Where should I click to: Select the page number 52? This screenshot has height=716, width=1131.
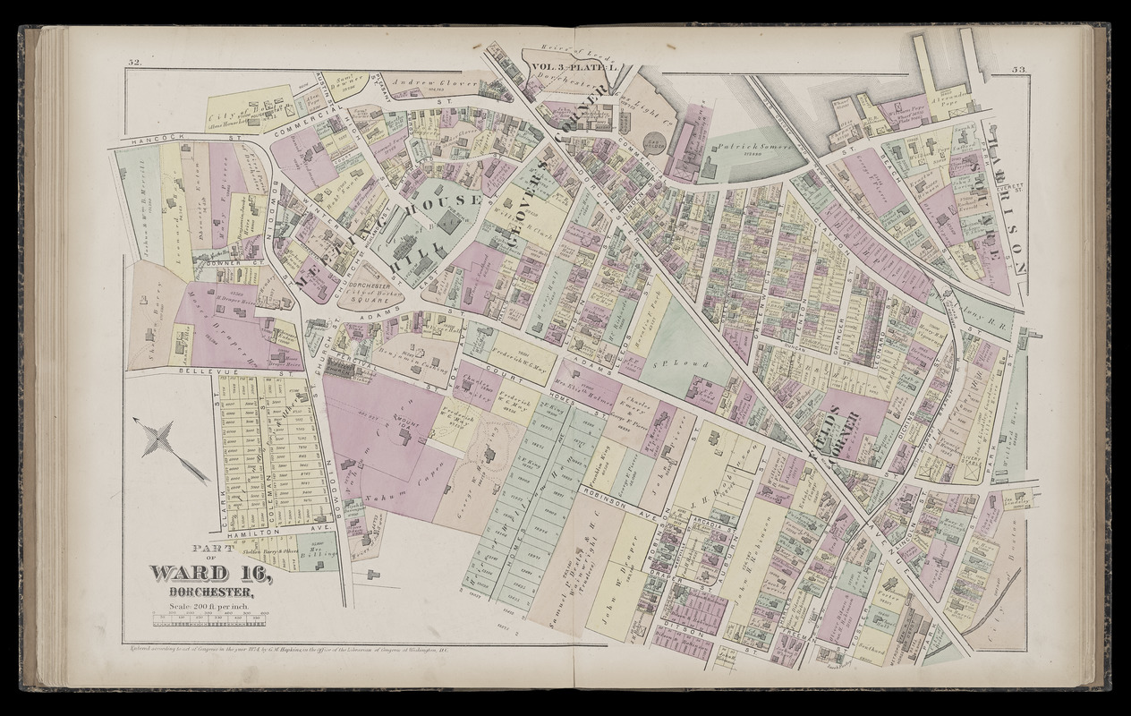click(135, 62)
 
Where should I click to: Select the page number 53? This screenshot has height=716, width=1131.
click(1019, 69)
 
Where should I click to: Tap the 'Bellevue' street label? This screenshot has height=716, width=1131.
click(201, 371)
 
